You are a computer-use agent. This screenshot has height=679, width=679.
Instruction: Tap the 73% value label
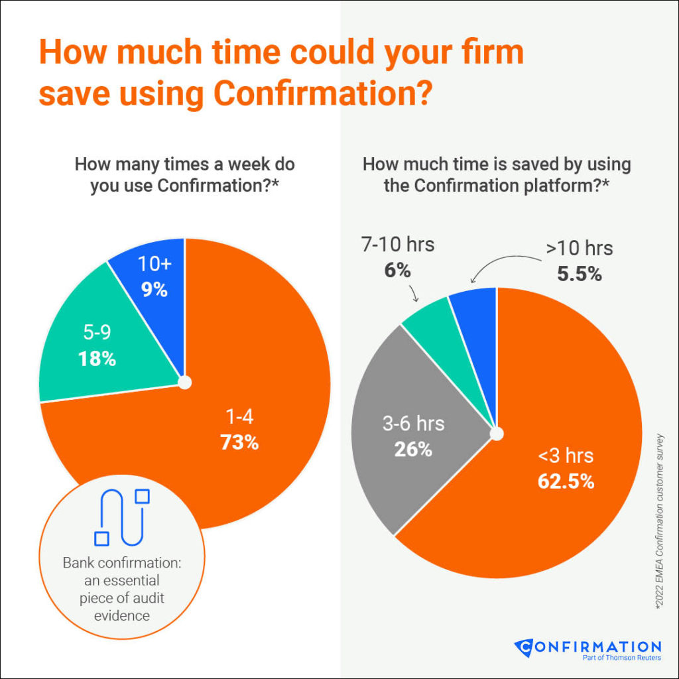[239, 442]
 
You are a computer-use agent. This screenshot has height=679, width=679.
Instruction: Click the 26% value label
[413, 449]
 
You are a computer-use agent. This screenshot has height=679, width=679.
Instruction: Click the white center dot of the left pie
[184, 383]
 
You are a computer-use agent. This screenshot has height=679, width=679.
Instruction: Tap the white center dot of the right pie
[496, 434]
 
